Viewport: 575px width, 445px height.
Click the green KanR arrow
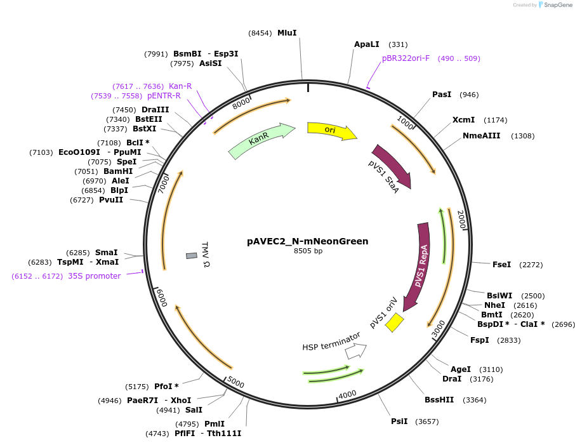[261, 140]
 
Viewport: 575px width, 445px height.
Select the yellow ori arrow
[332, 131]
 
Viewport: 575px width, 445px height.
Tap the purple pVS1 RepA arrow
[418, 266]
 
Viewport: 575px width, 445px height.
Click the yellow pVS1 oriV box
[394, 322]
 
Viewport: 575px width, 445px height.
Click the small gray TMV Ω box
[192, 256]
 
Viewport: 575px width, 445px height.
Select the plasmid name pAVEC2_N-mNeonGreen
[308, 241]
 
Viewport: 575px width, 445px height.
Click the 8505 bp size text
[308, 251]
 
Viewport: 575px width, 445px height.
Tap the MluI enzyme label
[287, 33]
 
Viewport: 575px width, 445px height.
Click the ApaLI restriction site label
[367, 44]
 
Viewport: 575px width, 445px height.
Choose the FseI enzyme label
[501, 265]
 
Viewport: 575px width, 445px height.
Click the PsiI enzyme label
[399, 421]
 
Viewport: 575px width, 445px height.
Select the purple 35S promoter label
[94, 276]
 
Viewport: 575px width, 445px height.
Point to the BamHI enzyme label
[118, 171]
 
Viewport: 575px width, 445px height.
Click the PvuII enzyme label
[111, 200]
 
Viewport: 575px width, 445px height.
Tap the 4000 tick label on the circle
[347, 395]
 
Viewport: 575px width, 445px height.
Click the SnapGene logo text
[558, 5]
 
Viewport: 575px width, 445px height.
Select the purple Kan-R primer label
[180, 86]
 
